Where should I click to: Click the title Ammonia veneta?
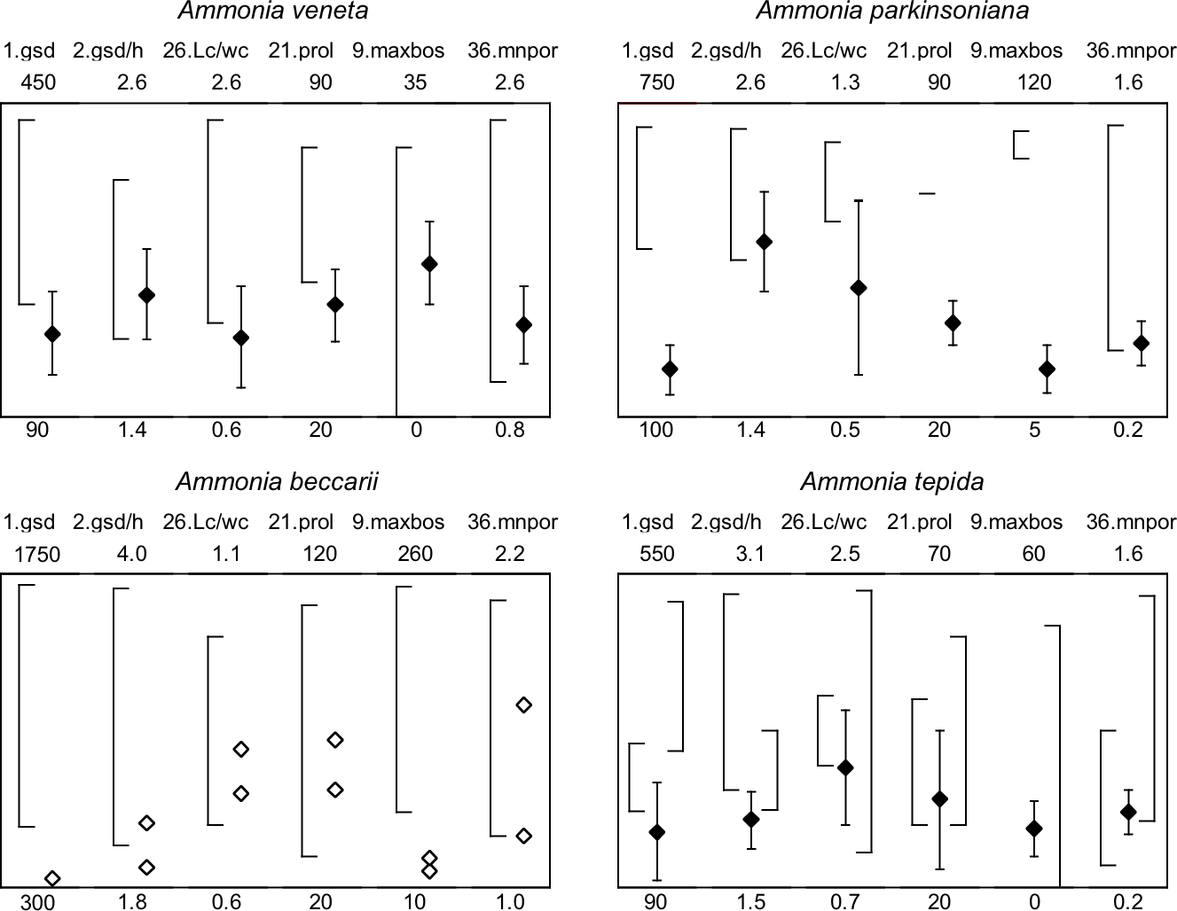(x=273, y=12)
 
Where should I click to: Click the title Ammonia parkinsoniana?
(x=893, y=12)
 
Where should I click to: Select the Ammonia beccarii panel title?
(x=278, y=482)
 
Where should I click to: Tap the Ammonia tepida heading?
(x=892, y=482)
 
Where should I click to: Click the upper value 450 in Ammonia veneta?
(x=37, y=82)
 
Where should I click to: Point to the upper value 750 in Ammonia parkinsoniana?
(x=656, y=82)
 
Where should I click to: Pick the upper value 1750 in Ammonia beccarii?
(x=37, y=554)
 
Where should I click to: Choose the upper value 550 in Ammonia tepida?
(x=656, y=554)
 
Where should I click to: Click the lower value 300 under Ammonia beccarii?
(x=37, y=902)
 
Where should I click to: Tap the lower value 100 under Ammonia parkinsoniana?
(x=656, y=430)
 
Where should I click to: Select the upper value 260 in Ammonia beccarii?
(x=415, y=554)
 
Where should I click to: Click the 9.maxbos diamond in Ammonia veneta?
(x=429, y=264)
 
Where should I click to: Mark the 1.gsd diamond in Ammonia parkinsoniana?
(x=670, y=369)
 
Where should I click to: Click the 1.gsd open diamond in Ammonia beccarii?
(x=52, y=878)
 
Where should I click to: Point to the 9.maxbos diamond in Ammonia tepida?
(x=1033, y=829)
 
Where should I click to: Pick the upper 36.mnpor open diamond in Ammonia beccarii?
(x=523, y=705)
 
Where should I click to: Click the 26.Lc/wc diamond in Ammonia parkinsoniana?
(x=858, y=288)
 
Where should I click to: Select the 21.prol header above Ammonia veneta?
(x=301, y=51)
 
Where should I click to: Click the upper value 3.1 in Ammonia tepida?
(x=750, y=554)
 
